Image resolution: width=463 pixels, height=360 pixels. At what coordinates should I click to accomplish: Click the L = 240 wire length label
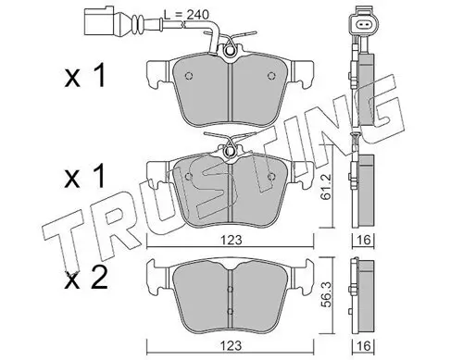pos(186,15)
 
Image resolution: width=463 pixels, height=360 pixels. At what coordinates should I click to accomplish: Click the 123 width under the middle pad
pos(231,240)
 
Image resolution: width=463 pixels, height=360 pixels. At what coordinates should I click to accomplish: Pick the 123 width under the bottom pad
pos(231,346)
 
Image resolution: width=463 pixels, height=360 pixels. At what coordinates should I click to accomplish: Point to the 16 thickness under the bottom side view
pos(364,346)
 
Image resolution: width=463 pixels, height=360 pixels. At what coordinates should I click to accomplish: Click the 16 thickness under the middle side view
pos(364,240)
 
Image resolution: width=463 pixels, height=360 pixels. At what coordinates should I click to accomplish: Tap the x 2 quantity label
pos(86,278)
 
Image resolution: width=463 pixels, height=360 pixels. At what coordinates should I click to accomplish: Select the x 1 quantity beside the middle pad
pos(85,177)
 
